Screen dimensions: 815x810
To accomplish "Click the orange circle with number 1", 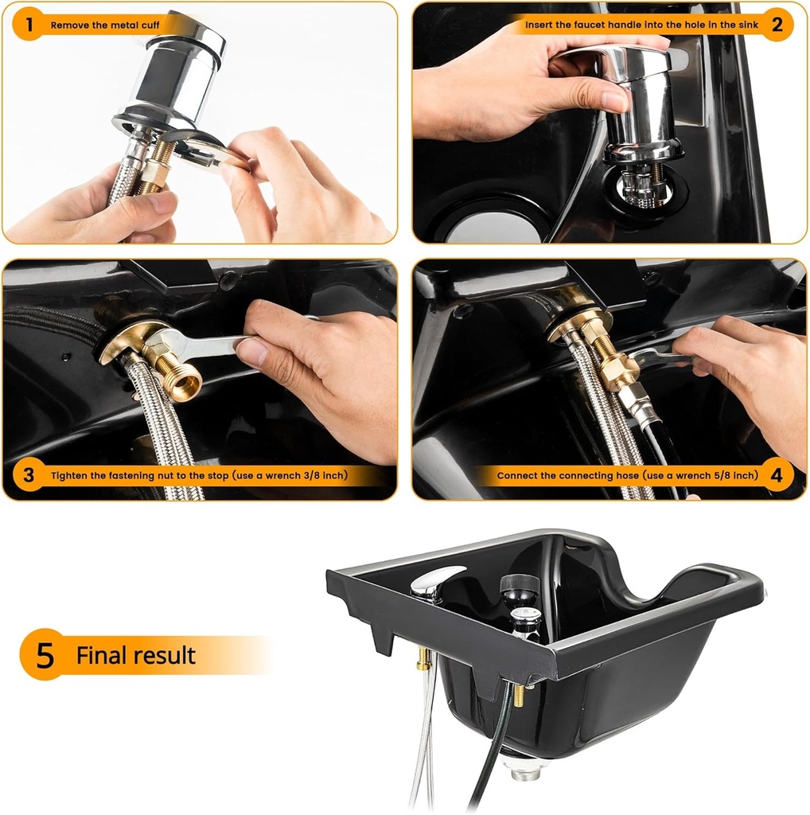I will pyautogui.click(x=29, y=25).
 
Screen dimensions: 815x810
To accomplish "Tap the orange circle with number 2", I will pyautogui.click(x=777, y=25).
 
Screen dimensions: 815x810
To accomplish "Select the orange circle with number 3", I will pyautogui.click(x=29, y=475).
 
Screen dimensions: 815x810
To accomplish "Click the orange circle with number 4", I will pyautogui.click(x=777, y=475).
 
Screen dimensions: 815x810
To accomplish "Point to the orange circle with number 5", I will pyautogui.click(x=45, y=655).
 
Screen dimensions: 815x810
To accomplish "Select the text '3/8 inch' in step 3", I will pyautogui.click(x=324, y=476).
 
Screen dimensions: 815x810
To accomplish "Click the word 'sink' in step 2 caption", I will pyautogui.click(x=747, y=25).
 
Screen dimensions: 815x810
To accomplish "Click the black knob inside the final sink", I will pyautogui.click(x=520, y=587).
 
